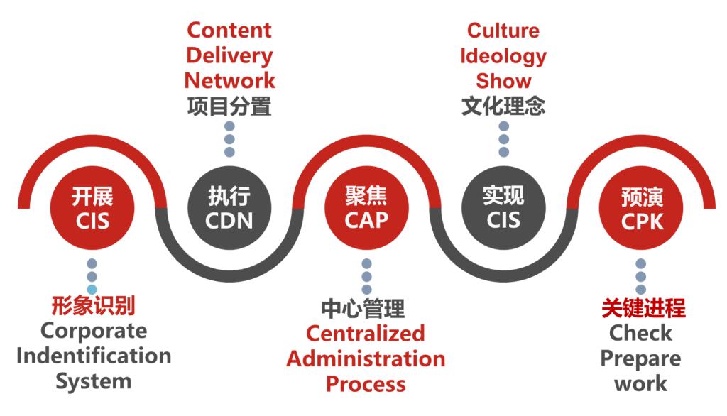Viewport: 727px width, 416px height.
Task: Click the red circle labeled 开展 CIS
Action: point(92,208)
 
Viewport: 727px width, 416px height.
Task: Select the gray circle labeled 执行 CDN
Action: point(229,208)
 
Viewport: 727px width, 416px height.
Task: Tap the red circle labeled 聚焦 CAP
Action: point(366,208)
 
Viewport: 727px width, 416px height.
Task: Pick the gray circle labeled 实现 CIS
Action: point(503,208)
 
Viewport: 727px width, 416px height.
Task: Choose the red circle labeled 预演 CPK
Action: point(641,208)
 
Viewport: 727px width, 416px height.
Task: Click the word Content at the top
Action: point(229,30)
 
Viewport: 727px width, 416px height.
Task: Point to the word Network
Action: point(229,80)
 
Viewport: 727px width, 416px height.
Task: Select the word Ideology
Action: point(503,56)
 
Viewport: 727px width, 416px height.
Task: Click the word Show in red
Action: point(503,81)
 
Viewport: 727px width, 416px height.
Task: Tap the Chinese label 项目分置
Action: point(229,106)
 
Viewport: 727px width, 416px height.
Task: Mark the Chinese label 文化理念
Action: point(503,106)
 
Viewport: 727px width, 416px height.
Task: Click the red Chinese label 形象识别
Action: point(93,306)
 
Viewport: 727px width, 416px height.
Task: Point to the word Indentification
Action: point(94,356)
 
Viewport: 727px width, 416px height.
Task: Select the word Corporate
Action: point(94,331)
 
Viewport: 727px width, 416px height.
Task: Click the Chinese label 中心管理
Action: point(363,309)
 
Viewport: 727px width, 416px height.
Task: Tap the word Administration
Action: point(366,359)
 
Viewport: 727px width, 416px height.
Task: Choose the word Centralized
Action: point(366,334)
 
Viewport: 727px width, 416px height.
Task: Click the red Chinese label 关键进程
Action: point(643,308)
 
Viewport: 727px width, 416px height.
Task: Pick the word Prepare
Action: point(641,359)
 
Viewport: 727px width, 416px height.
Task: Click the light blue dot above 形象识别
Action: point(92,290)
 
